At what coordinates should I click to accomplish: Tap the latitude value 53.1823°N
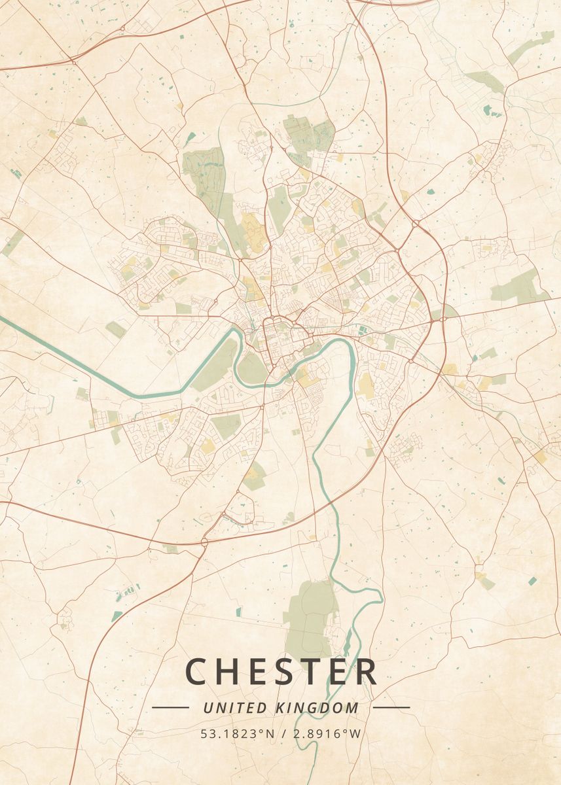pyautogui.click(x=238, y=734)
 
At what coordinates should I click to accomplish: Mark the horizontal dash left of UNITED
pyautogui.click(x=170, y=707)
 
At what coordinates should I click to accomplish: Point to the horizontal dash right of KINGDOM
pyautogui.click(x=391, y=707)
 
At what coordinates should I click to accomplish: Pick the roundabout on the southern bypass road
pyautogui.click(x=205, y=542)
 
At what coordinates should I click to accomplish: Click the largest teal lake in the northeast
pyautogui.click(x=488, y=111)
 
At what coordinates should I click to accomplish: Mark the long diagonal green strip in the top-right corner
pyautogui.click(x=530, y=46)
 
